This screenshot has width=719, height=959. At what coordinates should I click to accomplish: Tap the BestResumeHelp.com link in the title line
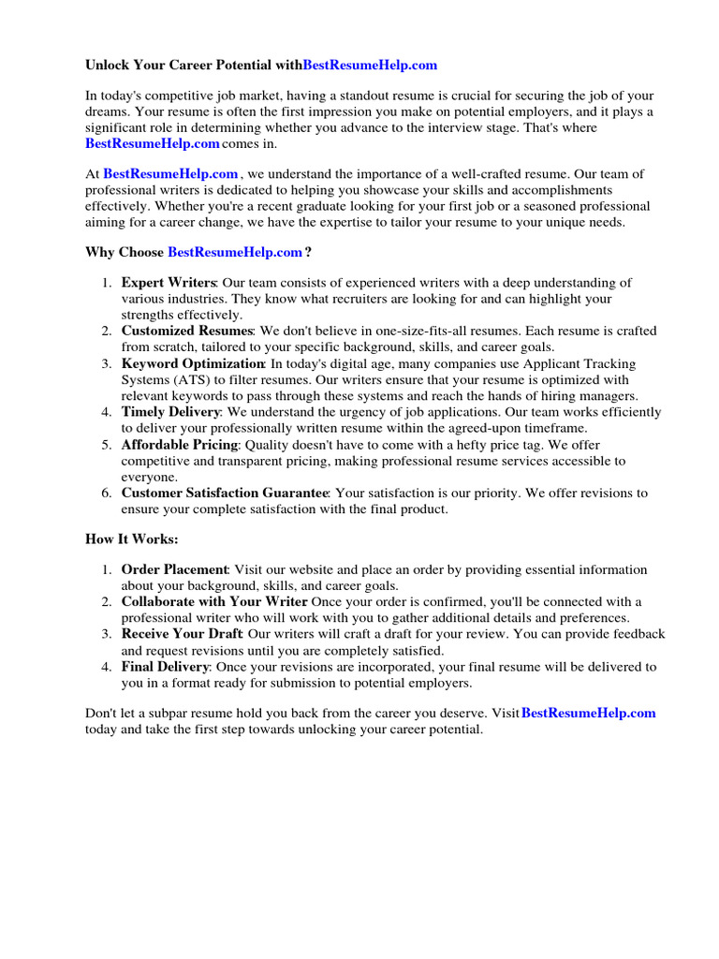(370, 66)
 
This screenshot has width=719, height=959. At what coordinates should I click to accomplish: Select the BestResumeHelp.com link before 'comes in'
(152, 143)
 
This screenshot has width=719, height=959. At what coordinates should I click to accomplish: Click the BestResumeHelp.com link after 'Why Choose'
(235, 252)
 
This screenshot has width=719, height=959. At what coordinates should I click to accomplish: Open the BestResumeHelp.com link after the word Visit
(588, 713)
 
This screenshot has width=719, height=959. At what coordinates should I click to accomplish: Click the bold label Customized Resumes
(186, 332)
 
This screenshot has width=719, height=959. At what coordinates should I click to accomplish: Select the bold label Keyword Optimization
(193, 363)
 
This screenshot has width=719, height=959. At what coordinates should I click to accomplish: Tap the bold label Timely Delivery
(170, 412)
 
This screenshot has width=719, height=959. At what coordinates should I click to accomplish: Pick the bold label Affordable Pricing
(178, 445)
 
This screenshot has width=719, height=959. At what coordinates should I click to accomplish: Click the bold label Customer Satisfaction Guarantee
(225, 493)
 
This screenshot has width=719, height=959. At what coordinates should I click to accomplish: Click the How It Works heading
(131, 539)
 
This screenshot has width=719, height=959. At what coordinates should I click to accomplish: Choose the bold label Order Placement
(174, 569)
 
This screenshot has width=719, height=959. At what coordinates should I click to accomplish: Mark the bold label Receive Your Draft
(182, 635)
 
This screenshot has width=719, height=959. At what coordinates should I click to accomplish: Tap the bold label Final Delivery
(166, 667)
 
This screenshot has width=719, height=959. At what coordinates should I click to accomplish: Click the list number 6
(107, 493)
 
